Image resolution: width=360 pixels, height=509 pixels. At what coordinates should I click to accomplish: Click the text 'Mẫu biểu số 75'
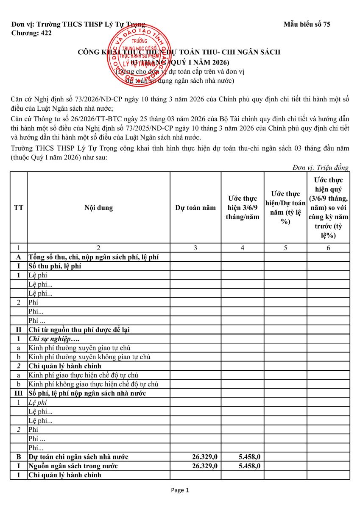tap(307, 24)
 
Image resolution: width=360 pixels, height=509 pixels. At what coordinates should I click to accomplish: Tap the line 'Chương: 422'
tap(31, 33)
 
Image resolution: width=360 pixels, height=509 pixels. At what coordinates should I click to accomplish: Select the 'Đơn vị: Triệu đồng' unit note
tap(321, 168)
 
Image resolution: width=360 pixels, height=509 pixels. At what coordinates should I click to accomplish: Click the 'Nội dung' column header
tap(98, 208)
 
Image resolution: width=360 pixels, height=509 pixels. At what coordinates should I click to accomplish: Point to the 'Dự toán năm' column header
tap(195, 208)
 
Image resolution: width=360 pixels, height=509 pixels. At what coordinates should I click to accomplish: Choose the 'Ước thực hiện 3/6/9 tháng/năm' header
tap(243, 208)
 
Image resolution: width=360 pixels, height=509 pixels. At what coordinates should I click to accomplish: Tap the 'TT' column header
tap(19, 208)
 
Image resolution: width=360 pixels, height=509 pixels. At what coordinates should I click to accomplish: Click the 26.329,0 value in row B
tap(205, 457)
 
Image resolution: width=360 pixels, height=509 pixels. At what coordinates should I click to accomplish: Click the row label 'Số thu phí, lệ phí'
tap(55, 266)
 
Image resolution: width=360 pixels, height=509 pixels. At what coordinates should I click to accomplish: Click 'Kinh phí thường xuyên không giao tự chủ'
tap(89, 357)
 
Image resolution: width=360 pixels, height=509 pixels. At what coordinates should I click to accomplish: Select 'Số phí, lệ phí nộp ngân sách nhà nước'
tap(87, 393)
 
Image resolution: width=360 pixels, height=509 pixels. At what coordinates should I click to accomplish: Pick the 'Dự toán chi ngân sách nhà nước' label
tap(78, 457)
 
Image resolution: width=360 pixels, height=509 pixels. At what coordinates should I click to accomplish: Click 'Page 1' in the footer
tap(180, 490)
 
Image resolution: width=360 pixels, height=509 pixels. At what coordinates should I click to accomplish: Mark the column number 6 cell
tap(328, 248)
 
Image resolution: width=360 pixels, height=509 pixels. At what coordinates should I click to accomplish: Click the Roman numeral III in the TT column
tap(19, 393)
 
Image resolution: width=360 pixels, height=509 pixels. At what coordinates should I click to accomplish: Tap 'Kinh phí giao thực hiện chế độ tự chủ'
tap(83, 375)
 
